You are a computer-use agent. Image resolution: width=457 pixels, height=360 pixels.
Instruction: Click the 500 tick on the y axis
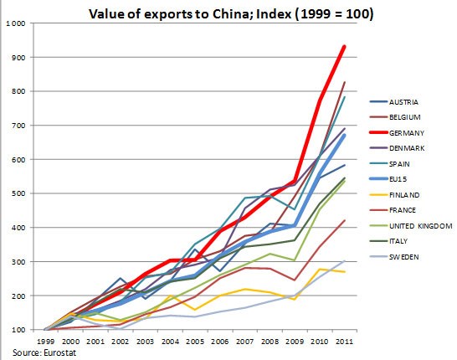pos(18,193)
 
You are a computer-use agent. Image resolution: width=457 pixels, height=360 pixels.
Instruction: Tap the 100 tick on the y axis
pos(18,330)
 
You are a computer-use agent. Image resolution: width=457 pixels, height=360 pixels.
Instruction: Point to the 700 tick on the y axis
pos(18,126)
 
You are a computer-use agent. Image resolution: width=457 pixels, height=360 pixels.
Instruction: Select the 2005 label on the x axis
pos(194,342)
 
